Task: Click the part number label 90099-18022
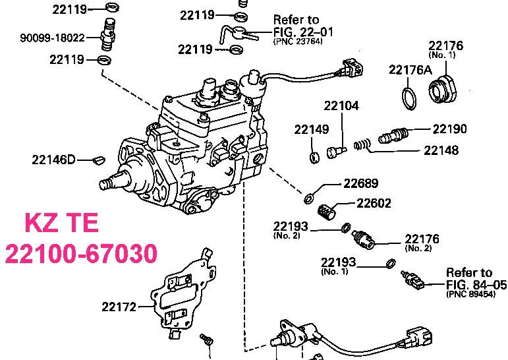click(53, 38)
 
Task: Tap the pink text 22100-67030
click(81, 253)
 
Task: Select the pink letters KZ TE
click(61, 222)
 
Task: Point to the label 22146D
click(53, 160)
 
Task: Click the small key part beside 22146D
click(98, 160)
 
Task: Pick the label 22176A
click(410, 70)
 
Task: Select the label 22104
click(341, 105)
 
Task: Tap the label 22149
click(312, 129)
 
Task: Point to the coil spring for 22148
click(362, 144)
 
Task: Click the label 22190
click(449, 129)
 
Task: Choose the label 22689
click(360, 183)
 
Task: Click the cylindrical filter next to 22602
click(327, 212)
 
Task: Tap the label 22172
click(119, 307)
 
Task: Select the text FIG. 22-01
click(303, 32)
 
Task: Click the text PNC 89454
click(470, 294)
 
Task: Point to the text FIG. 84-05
click(476, 284)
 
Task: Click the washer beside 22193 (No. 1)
click(391, 263)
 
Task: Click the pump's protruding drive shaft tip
click(103, 184)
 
